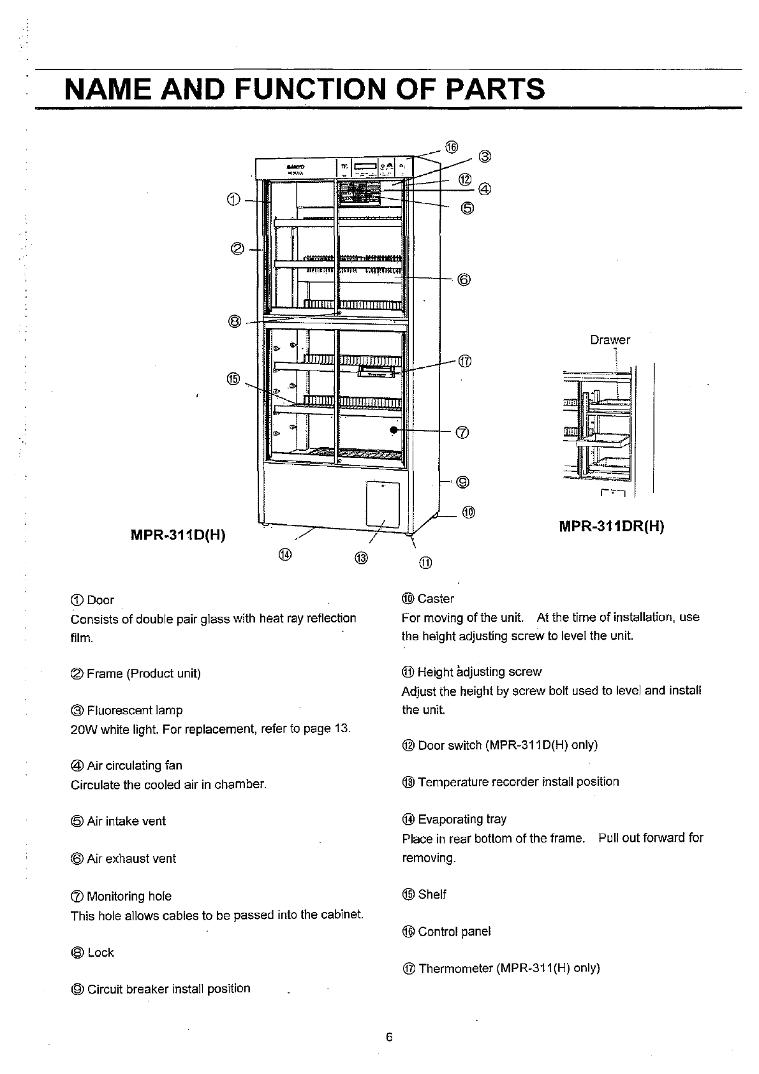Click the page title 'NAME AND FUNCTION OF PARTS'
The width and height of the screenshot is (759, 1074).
point(305,89)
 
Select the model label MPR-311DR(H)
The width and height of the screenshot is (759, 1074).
point(612,527)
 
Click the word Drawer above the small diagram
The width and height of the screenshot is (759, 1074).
point(610,340)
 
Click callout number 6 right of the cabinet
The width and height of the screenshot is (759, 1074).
point(464,279)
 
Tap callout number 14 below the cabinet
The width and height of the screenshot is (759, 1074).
point(285,554)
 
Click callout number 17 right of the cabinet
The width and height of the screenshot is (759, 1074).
point(464,362)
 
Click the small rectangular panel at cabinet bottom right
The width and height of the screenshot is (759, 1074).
point(383,504)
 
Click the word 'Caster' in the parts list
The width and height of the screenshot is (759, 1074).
point(436,599)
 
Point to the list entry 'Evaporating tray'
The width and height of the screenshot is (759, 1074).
point(462,820)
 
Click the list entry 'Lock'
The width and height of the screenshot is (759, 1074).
point(100,953)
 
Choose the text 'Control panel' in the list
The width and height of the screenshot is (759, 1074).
point(454,932)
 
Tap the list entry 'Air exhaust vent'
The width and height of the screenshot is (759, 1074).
point(131,859)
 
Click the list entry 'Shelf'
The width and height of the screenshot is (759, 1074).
point(432,895)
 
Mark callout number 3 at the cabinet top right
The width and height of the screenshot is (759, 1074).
point(484,156)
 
